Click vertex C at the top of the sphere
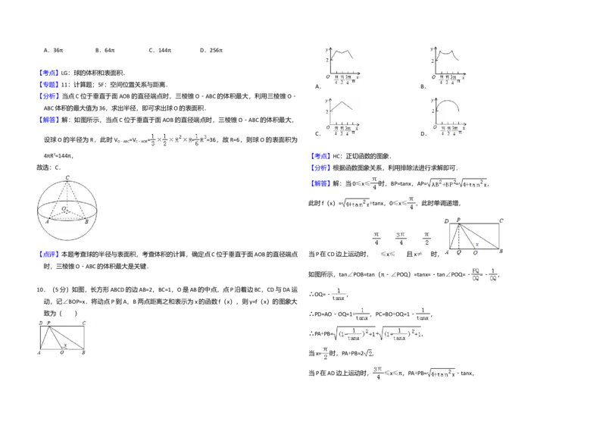[x=68, y=178]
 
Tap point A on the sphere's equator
[x=47, y=221]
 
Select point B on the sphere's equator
[x=86, y=221]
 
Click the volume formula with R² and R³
[x=178, y=139]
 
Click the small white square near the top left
[x=130, y=76]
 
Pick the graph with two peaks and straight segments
[x=342, y=63]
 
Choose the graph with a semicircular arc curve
[x=448, y=117]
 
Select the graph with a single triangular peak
[x=342, y=117]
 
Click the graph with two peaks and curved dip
[x=448, y=63]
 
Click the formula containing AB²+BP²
[x=457, y=184]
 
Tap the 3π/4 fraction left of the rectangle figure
[x=401, y=239]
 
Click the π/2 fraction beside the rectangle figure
[x=426, y=239]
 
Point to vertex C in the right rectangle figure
[x=501, y=221]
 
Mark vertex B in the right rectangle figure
[x=501, y=251]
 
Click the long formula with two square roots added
[x=377, y=333]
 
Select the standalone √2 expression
[x=367, y=353]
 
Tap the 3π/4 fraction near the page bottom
[x=378, y=372]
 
